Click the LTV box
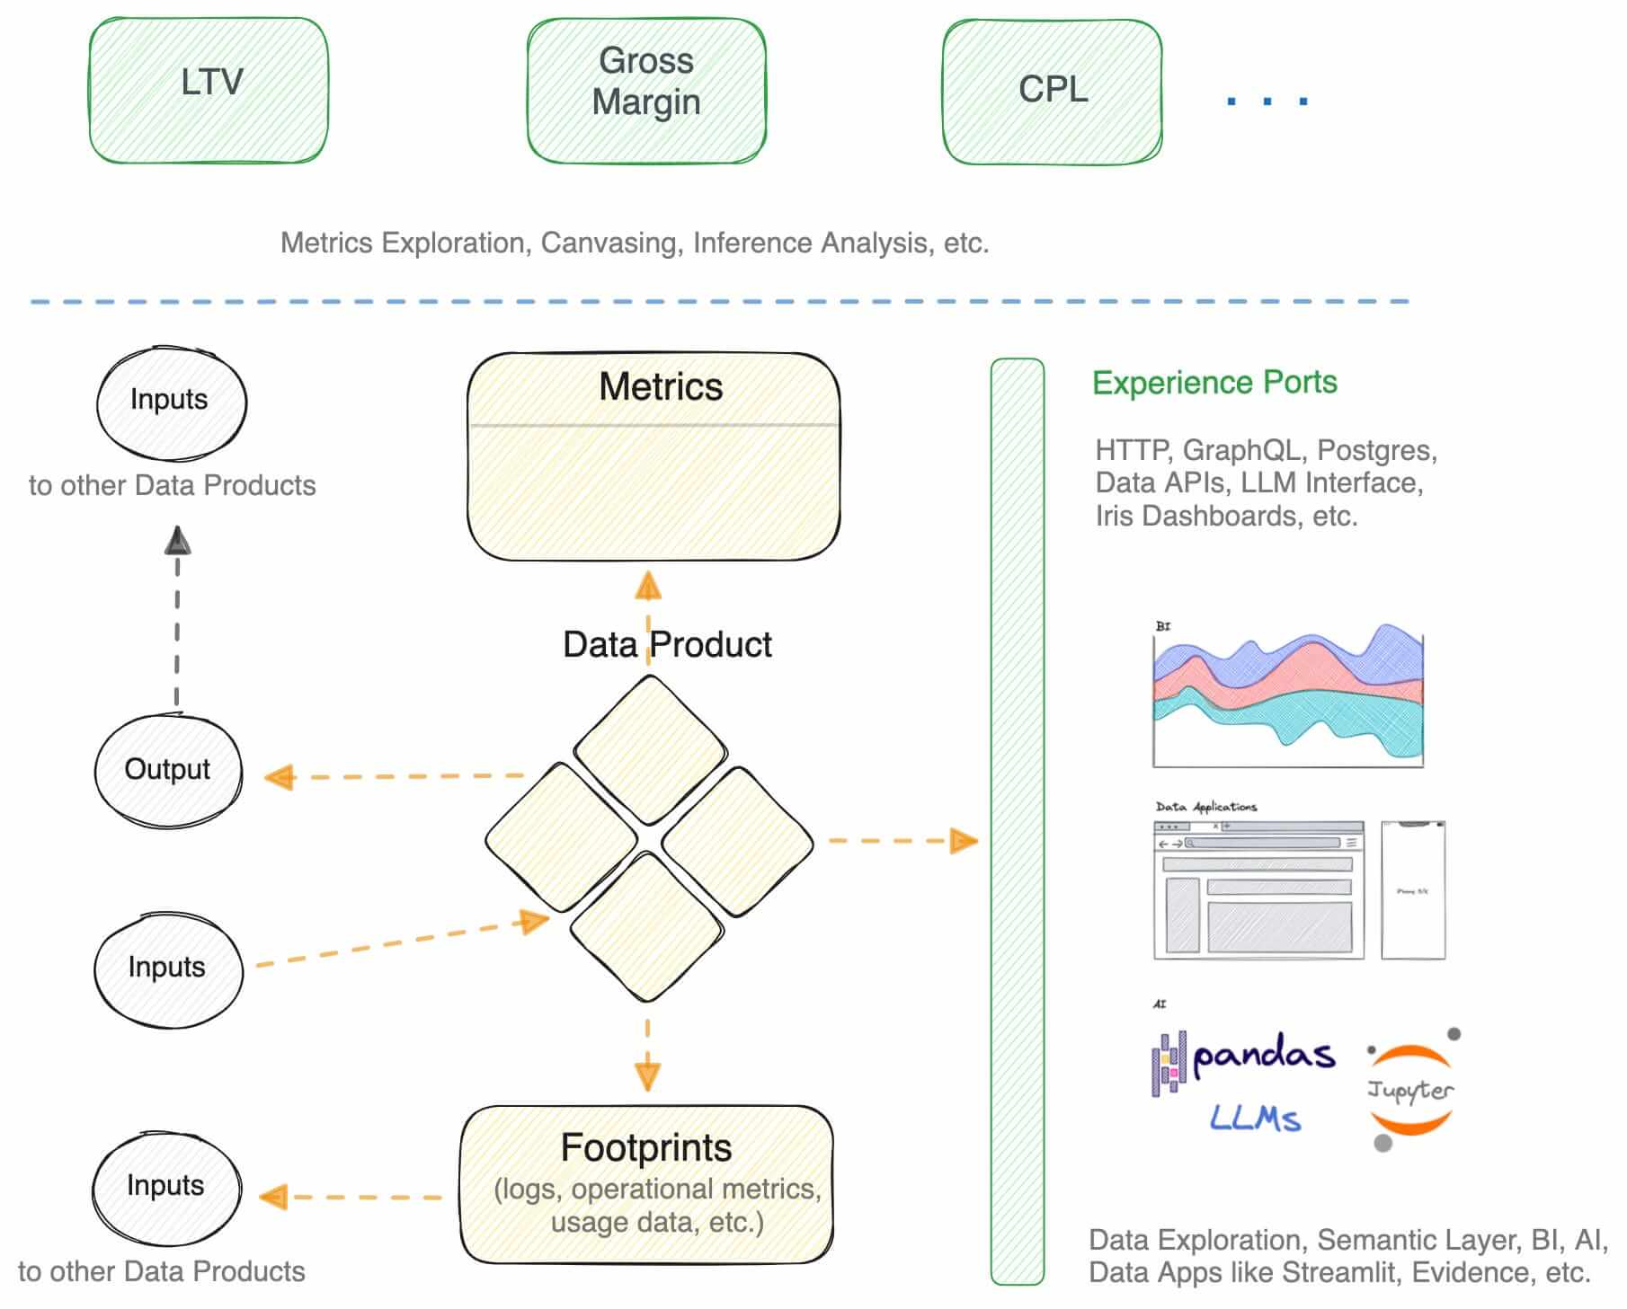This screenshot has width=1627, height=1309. tap(209, 90)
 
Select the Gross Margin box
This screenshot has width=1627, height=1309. tap(646, 90)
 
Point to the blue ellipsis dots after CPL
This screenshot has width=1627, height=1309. tap(1267, 101)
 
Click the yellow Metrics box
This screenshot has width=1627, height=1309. tap(653, 456)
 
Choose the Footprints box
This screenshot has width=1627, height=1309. tap(646, 1184)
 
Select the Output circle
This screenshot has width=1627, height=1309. tap(168, 770)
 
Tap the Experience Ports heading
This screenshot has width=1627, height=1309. tap(1214, 383)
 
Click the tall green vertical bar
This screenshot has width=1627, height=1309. tap(1018, 821)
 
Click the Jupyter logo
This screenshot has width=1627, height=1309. tap(1410, 1090)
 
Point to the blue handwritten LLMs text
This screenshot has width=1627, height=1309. tap(1255, 1119)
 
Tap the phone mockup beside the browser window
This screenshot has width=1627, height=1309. tap(1413, 890)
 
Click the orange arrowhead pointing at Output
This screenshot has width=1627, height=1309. tap(280, 777)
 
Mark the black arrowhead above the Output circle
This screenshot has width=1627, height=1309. tap(178, 541)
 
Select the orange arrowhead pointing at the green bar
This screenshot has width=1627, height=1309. tap(964, 841)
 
